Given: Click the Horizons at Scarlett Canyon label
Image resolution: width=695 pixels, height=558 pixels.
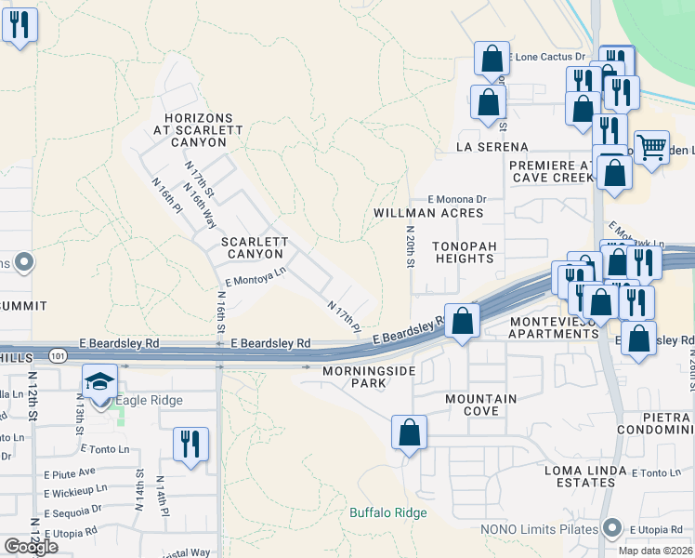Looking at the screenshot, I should point(195,130).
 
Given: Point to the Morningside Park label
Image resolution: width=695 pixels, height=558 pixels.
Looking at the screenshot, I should point(366,377).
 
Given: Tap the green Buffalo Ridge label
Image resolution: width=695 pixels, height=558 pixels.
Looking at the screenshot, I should point(388,512).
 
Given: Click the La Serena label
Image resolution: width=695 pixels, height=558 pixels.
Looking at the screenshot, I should point(492,147).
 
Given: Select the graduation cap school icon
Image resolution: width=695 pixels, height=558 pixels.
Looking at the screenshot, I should point(99,381).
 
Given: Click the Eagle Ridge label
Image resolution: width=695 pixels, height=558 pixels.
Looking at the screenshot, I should point(148,401).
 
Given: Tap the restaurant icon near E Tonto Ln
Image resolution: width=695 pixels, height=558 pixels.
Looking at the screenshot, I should point(190,444).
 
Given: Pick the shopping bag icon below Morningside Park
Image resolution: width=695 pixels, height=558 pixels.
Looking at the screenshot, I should point(409,432).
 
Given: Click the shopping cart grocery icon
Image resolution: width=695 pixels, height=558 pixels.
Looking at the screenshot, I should point(651,146).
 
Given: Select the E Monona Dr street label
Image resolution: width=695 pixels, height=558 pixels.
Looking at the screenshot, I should point(457,199).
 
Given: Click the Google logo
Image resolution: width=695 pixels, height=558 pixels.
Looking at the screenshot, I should point(31,547).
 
